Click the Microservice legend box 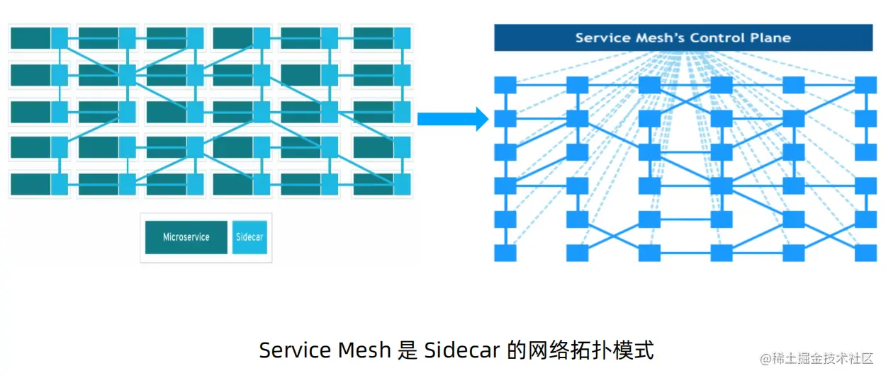(186, 237)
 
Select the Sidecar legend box (249, 237)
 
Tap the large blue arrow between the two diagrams (452, 118)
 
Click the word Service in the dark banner (600, 38)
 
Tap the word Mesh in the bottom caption (364, 350)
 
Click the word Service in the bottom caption (295, 350)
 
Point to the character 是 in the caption (408, 350)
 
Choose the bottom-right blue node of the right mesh (865, 253)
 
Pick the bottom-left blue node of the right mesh (505, 253)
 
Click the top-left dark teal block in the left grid (30, 38)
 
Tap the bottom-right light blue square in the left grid (402, 185)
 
